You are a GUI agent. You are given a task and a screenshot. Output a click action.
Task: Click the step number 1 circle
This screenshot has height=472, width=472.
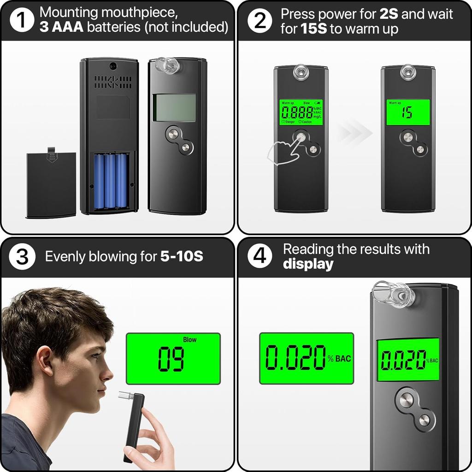(x=22, y=21)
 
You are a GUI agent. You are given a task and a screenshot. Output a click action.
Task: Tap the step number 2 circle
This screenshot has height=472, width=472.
(x=260, y=21)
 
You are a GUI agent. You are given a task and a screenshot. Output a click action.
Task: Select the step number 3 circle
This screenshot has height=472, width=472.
(x=22, y=257)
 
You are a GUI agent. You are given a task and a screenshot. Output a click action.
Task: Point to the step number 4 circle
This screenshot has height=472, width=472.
(x=260, y=257)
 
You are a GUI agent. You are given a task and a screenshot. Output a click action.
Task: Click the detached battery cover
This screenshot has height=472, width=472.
(x=51, y=184)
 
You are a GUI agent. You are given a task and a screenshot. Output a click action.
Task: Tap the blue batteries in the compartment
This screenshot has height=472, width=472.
(x=110, y=181)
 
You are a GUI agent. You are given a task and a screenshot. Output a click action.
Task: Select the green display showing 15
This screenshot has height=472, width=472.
(x=407, y=112)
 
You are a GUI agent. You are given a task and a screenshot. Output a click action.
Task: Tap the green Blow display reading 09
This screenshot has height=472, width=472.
(x=173, y=359)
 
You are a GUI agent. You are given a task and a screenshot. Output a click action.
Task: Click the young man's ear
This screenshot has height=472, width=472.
(x=45, y=360)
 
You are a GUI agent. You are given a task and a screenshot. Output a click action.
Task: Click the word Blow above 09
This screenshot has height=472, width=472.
(x=189, y=340)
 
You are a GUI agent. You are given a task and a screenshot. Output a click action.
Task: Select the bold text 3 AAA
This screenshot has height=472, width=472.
(x=61, y=27)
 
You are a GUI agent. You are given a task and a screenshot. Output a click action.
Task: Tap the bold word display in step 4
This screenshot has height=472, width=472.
(x=308, y=264)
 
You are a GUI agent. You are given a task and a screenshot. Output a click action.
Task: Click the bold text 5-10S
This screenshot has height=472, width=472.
(x=182, y=256)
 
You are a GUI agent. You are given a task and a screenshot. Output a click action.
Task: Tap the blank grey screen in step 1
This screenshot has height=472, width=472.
(x=174, y=107)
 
